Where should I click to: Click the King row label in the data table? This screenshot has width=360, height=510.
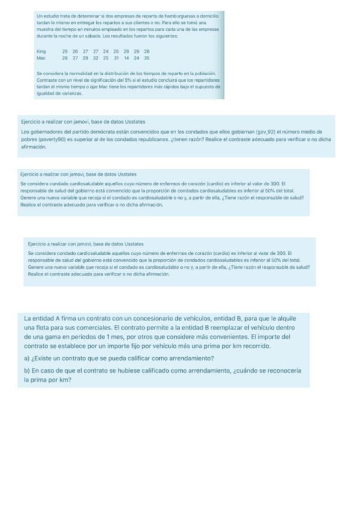[40, 52]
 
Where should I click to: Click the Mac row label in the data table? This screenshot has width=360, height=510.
[40, 58]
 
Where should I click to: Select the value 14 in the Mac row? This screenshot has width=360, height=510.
[127, 58]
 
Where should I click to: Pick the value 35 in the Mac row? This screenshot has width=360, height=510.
[147, 58]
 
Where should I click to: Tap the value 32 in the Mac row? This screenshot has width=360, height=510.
[96, 58]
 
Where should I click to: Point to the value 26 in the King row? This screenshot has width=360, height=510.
[75, 52]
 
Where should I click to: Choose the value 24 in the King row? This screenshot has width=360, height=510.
[106, 52]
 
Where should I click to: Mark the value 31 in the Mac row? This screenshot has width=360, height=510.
[116, 58]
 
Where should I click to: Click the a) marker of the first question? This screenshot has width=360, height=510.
[27, 358]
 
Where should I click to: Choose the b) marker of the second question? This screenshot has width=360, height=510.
[27, 370]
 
